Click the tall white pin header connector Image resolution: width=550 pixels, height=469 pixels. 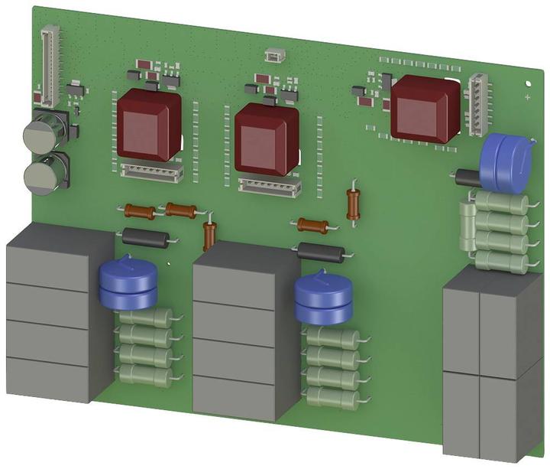coord(50,66)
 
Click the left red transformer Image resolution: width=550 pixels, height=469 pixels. coord(149,124)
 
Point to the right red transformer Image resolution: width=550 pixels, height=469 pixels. coord(425,107)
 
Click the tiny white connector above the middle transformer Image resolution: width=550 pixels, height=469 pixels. coord(272,55)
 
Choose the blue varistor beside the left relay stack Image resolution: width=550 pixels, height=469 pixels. coord(128,286)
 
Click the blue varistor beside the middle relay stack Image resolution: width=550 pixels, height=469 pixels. coord(325,299)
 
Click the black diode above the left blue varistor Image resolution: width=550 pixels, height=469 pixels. coord(145,237)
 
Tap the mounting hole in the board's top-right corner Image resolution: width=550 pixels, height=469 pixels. coord(529,83)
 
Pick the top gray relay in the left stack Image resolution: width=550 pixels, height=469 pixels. coord(57,256)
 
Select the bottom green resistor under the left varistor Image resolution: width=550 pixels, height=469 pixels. coord(147,373)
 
